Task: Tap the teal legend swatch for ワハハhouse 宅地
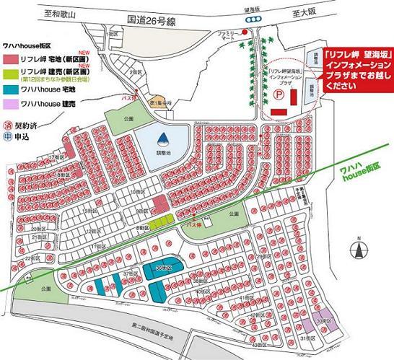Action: [12, 91]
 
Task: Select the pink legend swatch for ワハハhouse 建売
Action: [12, 105]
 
